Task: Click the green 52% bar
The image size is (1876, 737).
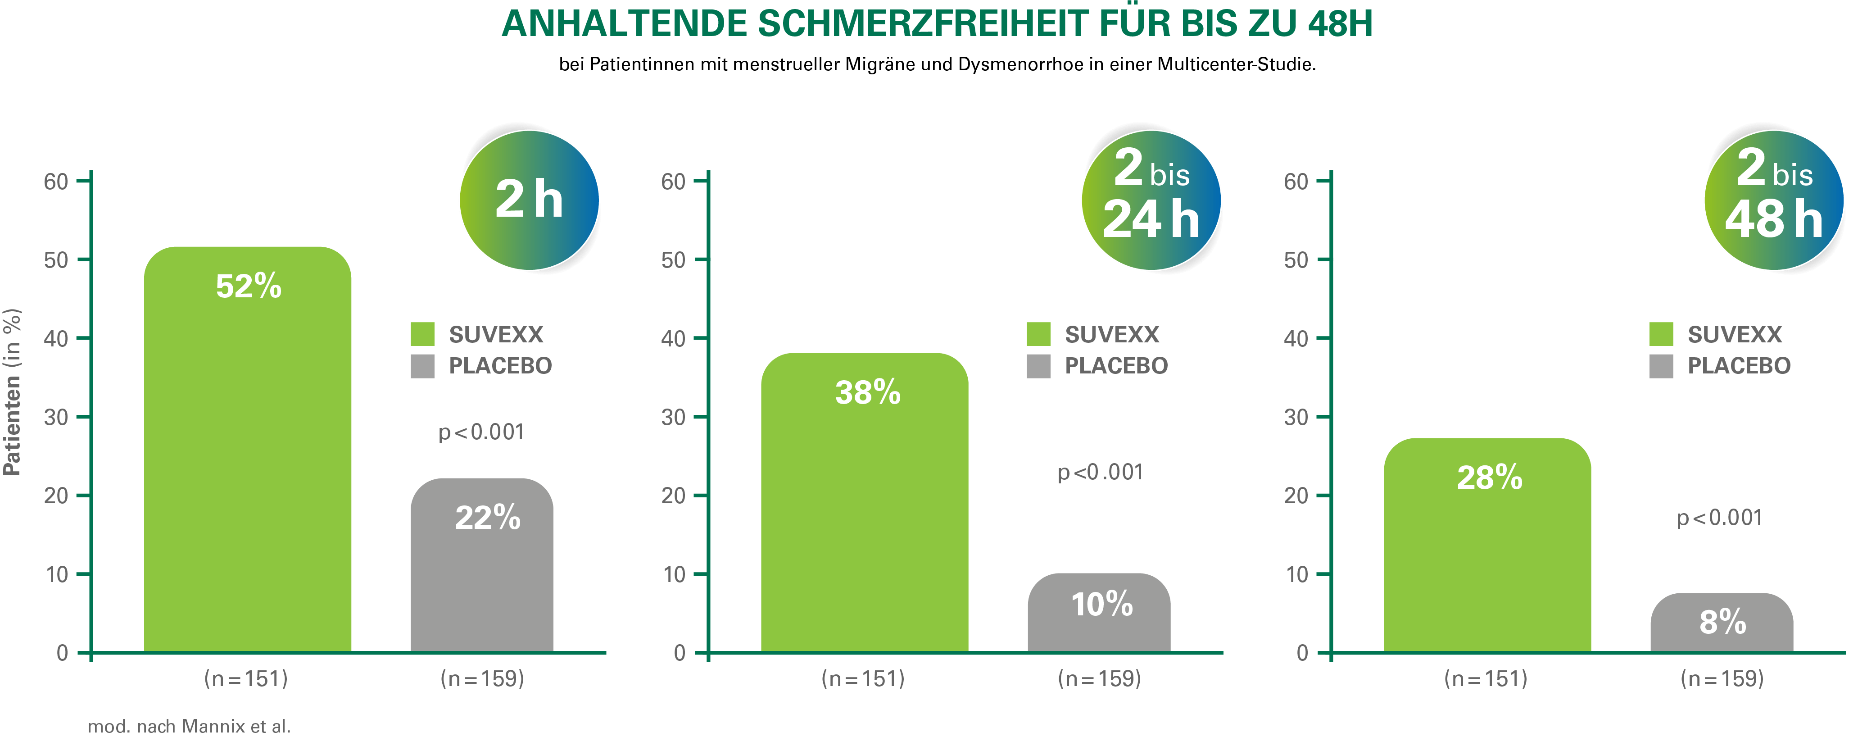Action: click(248, 451)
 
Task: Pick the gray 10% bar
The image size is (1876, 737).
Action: click(1098, 615)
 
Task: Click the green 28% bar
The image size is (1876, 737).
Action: click(1487, 546)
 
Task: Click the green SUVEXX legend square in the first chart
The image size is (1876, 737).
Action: click(422, 334)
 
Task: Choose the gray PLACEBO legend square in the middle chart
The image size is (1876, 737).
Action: click(1038, 366)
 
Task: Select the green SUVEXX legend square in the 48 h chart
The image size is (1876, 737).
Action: click(1661, 334)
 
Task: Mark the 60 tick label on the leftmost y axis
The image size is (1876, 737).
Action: click(56, 182)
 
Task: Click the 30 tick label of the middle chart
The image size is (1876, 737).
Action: click(674, 417)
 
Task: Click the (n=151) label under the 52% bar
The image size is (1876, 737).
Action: click(246, 679)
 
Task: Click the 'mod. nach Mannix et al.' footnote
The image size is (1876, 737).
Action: click(188, 727)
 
